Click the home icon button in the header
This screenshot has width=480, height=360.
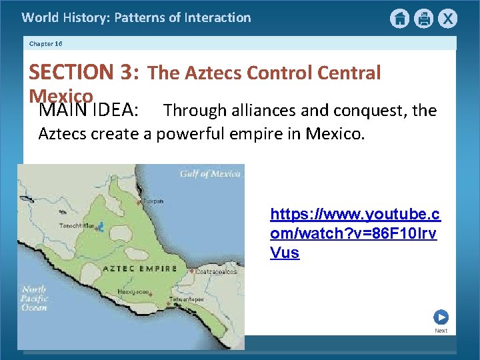tap(399, 19)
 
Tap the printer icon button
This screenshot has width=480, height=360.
tap(423, 19)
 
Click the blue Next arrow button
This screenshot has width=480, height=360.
tap(441, 317)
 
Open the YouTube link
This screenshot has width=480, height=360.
tap(355, 233)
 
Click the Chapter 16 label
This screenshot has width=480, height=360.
tap(46, 43)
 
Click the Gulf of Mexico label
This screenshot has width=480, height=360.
tap(210, 174)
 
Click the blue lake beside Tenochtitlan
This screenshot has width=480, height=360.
tap(100, 227)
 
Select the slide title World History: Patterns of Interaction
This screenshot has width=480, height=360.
tap(137, 17)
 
